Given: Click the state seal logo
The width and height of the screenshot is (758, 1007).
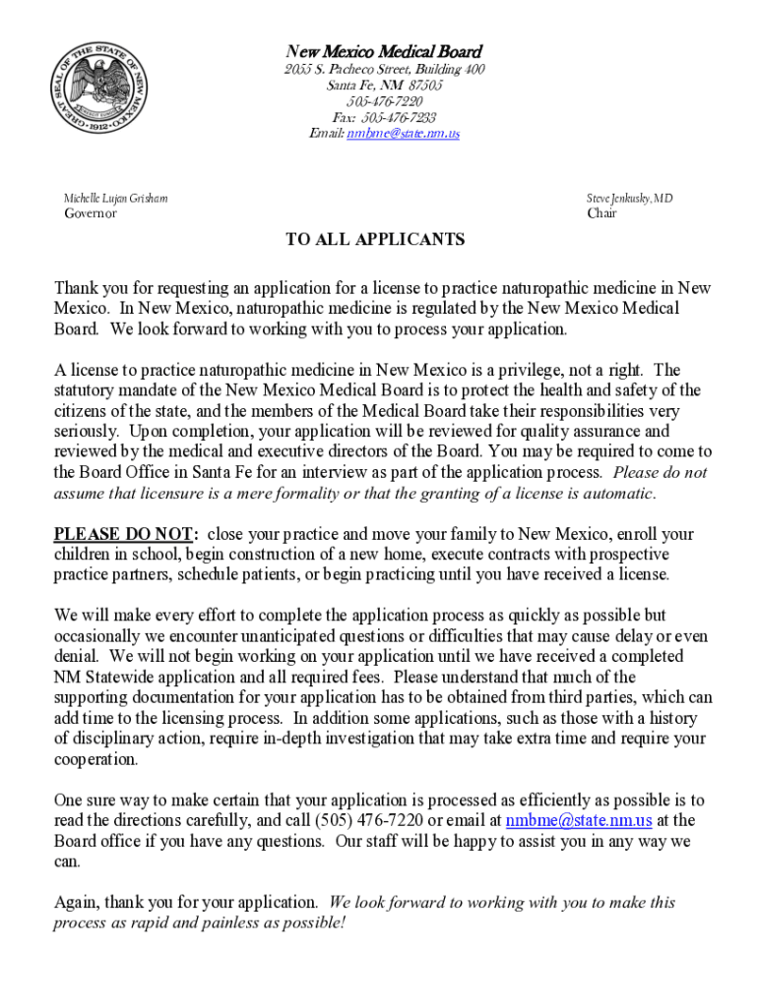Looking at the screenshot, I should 99,92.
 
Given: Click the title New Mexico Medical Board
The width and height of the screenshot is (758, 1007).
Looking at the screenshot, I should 384,51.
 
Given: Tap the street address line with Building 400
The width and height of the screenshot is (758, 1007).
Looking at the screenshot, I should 384,69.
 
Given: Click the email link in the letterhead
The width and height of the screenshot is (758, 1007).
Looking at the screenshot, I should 403,133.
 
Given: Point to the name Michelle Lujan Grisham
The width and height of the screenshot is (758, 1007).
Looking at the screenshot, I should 116,198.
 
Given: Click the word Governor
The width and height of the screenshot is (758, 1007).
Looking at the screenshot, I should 91,213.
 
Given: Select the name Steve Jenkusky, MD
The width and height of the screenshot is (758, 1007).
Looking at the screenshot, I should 630,198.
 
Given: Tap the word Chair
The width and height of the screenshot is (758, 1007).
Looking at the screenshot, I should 601,213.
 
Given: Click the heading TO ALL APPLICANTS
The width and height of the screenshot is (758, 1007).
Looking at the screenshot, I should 375,240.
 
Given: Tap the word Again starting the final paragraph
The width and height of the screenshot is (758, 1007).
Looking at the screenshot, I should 76,902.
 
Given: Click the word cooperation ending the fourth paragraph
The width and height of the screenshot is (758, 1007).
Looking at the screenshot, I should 95,760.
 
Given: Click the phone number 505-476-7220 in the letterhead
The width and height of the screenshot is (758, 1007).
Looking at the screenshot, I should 384,101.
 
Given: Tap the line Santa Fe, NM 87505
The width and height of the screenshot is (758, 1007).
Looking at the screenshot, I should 384,86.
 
